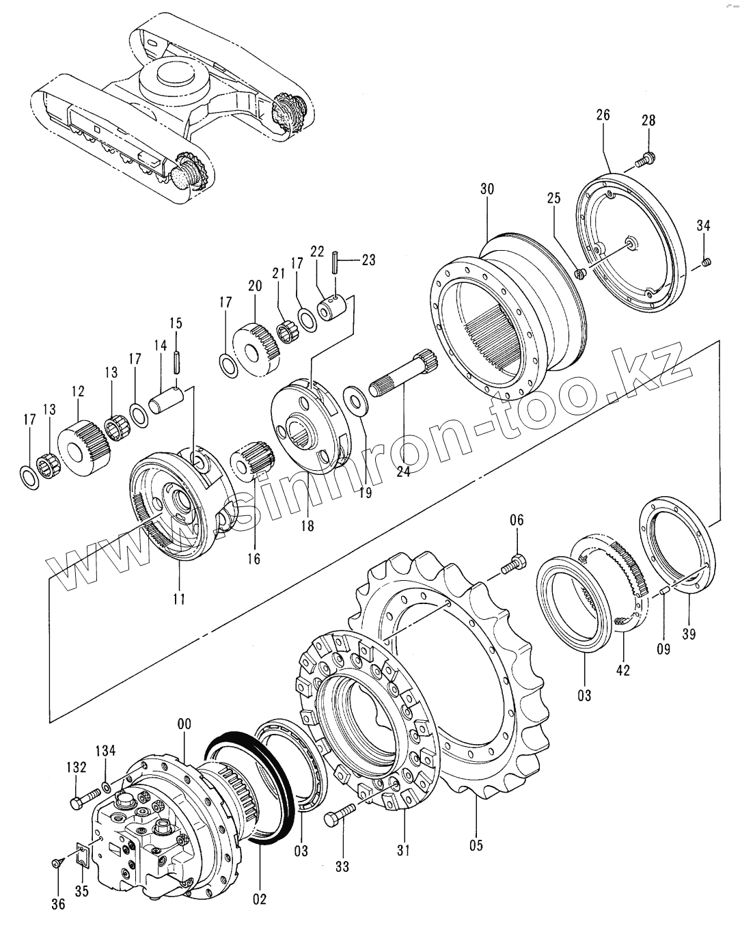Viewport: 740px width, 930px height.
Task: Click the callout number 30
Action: tap(486, 189)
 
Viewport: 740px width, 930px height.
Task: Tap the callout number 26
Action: tap(603, 115)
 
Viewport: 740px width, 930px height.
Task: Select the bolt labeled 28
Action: tap(643, 161)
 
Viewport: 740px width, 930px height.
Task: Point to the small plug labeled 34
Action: tap(707, 260)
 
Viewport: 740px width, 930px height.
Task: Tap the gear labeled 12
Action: tap(81, 449)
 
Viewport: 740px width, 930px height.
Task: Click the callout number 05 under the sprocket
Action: tap(476, 845)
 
